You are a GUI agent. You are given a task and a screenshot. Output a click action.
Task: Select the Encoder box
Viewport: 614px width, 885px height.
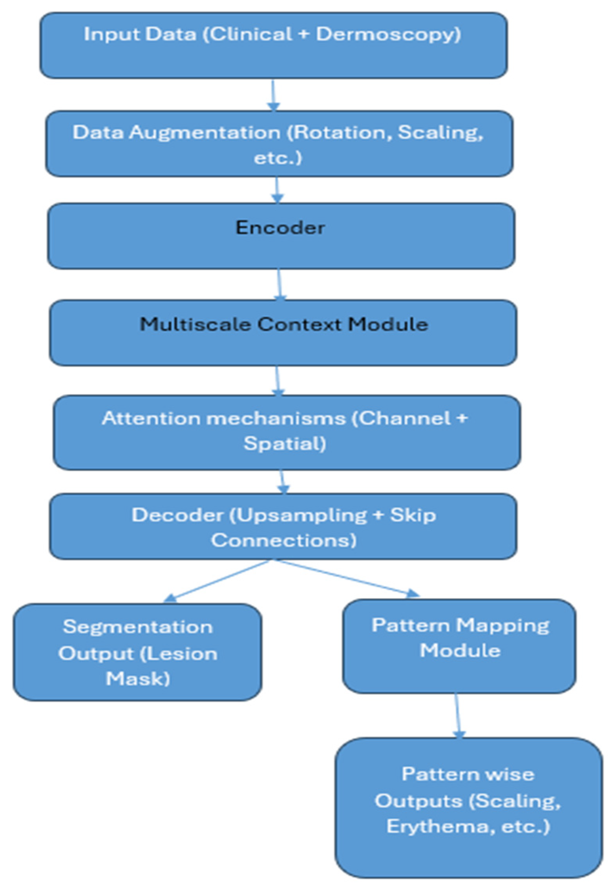(x=281, y=236)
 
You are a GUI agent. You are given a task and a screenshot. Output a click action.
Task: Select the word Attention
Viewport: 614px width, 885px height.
(x=151, y=418)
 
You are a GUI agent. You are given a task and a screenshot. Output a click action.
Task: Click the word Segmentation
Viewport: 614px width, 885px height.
(x=138, y=627)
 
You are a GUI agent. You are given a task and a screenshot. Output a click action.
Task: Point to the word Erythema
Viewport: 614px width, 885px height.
(x=438, y=827)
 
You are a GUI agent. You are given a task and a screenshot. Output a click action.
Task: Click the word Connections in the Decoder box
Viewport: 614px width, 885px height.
(x=283, y=541)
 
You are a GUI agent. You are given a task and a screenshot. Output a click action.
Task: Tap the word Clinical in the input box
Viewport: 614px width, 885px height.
(x=250, y=34)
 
